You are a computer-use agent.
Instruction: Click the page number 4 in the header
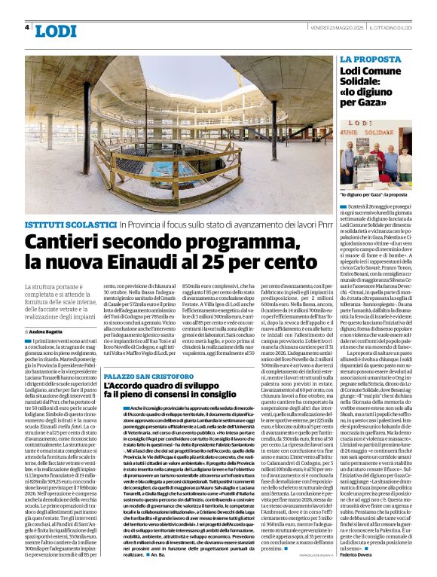point(28,27)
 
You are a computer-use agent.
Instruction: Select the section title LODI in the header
point(55,31)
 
